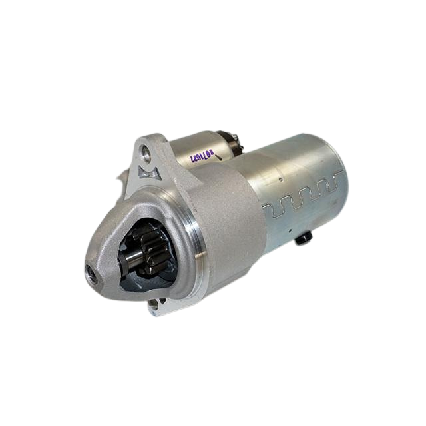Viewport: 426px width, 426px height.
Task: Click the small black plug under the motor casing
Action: (x=303, y=238)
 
